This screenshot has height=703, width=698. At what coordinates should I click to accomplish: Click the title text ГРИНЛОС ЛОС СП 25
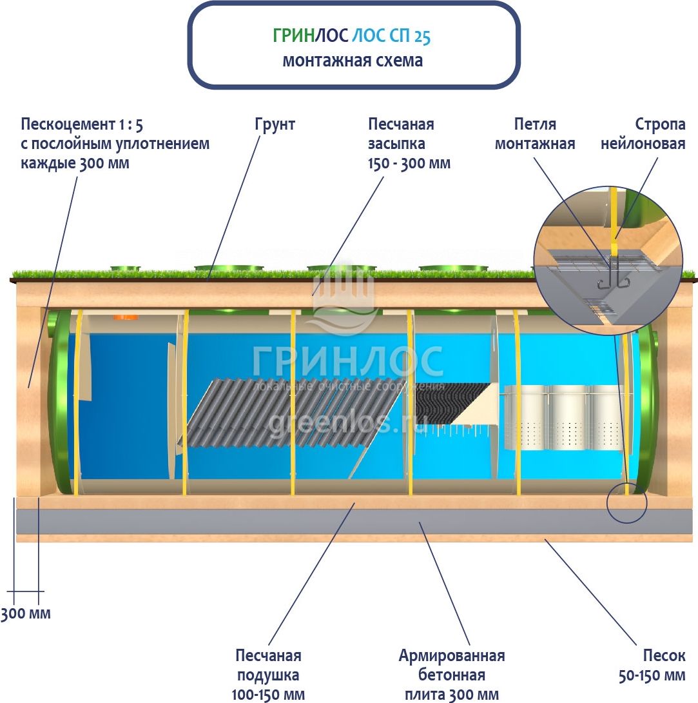point(352,36)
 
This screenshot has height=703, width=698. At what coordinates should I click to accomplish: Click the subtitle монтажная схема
point(353,61)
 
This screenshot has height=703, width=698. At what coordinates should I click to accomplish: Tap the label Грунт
point(275,124)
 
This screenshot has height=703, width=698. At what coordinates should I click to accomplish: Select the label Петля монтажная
point(535,134)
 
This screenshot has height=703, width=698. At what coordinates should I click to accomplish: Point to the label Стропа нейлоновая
point(643,134)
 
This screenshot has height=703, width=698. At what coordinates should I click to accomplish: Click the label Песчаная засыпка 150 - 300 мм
point(409,144)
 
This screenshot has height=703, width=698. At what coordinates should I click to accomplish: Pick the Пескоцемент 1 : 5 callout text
point(115,143)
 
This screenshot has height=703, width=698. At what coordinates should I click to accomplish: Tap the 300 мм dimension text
point(26,613)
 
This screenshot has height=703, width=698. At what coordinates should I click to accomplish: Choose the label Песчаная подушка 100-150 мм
point(268,675)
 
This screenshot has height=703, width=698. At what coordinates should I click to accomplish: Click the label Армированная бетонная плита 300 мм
point(451,675)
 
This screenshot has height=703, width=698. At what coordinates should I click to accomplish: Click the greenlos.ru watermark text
point(348,422)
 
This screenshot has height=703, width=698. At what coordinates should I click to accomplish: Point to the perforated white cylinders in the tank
point(563,417)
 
